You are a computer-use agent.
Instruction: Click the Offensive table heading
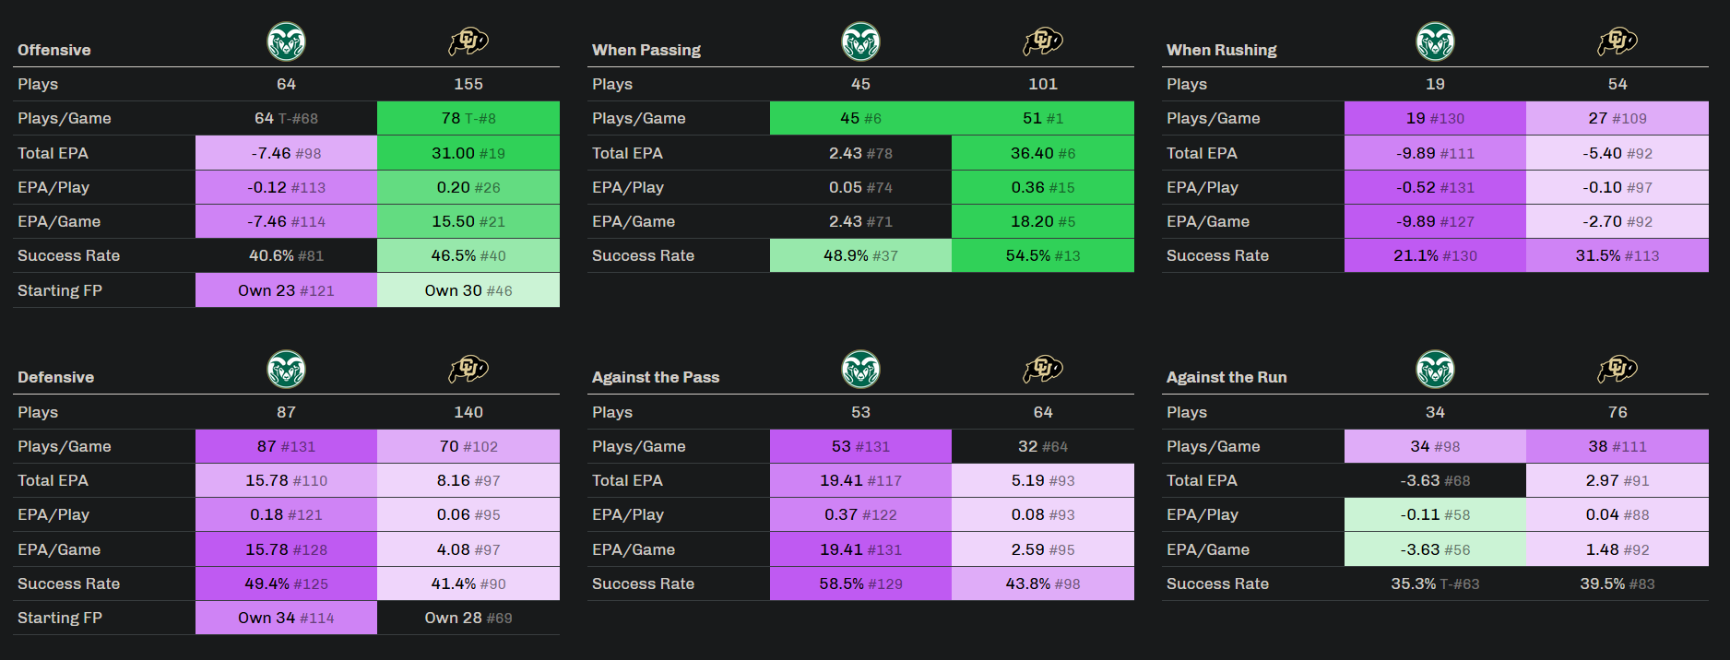[54, 50]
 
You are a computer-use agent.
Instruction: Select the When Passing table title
[646, 50]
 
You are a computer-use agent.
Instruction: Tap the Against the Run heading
[1226, 377]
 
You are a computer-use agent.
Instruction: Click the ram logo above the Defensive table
[286, 370]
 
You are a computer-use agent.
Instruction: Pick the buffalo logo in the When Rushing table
[1617, 41]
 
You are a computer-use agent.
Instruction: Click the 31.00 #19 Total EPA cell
[468, 153]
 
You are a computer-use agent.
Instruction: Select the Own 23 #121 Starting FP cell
[286, 290]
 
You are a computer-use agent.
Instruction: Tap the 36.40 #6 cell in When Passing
[1043, 153]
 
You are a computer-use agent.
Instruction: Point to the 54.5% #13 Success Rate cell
[1043, 255]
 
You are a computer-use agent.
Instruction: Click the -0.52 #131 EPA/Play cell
[1435, 187]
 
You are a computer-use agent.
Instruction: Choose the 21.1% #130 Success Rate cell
[1435, 255]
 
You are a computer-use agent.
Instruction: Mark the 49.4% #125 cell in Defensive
[286, 583]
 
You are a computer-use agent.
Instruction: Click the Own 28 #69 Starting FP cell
[468, 618]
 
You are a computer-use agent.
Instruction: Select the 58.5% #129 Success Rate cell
[860, 583]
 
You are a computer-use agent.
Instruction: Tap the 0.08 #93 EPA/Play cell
[1043, 514]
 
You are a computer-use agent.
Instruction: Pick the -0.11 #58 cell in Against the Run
[1435, 514]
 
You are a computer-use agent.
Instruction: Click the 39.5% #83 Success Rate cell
[1617, 583]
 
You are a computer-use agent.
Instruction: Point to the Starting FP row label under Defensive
[60, 618]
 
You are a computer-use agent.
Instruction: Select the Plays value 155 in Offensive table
[468, 84]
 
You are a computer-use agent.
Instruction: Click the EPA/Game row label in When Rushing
[1207, 221]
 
